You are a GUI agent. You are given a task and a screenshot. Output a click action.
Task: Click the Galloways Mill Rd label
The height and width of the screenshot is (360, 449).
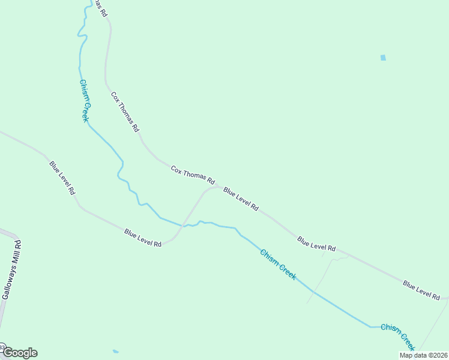tap(11, 270)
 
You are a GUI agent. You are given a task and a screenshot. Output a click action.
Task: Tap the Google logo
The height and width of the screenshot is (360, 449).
tap(20, 353)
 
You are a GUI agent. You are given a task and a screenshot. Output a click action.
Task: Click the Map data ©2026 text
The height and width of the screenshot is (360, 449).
tap(423, 355)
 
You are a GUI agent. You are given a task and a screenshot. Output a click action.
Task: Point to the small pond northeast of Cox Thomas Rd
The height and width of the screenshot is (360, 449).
tap(383, 58)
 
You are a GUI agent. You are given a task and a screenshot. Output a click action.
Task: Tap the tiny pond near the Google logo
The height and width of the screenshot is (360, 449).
tap(115, 351)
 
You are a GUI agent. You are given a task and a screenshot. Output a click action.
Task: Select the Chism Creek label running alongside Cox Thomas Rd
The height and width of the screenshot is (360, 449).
tap(84, 101)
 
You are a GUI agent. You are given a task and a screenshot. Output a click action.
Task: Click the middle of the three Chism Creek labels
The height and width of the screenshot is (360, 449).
tap(277, 264)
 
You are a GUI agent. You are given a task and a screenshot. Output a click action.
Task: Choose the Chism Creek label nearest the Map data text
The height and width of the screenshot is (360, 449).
tap(397, 337)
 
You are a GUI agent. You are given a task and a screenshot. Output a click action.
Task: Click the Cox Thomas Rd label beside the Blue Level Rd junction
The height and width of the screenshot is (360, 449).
tap(193, 174)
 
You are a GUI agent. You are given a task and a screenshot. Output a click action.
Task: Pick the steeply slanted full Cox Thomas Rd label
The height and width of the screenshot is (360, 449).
tap(125, 112)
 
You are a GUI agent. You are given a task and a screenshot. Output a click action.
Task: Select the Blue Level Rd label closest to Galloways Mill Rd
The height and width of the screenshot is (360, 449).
tap(62, 178)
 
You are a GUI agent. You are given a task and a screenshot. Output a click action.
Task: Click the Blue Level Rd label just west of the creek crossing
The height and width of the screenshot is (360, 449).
tap(143, 238)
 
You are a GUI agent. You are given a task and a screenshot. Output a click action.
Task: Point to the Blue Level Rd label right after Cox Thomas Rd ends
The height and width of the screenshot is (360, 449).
tap(241, 199)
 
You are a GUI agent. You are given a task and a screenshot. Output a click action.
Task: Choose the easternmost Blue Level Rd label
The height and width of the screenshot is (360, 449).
tap(421, 290)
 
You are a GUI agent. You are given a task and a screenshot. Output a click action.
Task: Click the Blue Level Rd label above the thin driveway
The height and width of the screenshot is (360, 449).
tap(316, 244)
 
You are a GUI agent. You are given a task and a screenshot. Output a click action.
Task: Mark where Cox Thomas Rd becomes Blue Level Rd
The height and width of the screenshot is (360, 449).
tap(217, 187)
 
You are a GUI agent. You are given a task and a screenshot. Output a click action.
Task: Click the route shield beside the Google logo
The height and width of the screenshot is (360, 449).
tap(2, 347)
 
